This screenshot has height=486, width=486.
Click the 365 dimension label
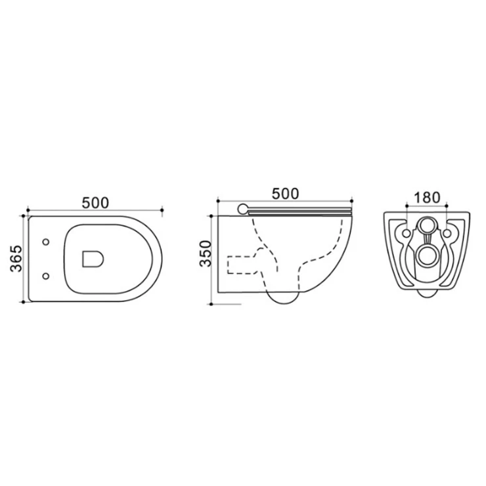tap(16, 259)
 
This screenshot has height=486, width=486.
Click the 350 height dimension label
tap(205, 254)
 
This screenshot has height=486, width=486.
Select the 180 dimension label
tap(427, 198)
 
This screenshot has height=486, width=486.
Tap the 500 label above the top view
tap(95, 203)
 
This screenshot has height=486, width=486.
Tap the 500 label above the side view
tap(285, 194)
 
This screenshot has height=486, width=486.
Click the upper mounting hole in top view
tap(46, 242)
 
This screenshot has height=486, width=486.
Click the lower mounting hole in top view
tap(46, 276)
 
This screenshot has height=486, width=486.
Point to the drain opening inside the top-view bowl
tap(93, 259)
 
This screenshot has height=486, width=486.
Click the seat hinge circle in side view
tap(243, 209)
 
